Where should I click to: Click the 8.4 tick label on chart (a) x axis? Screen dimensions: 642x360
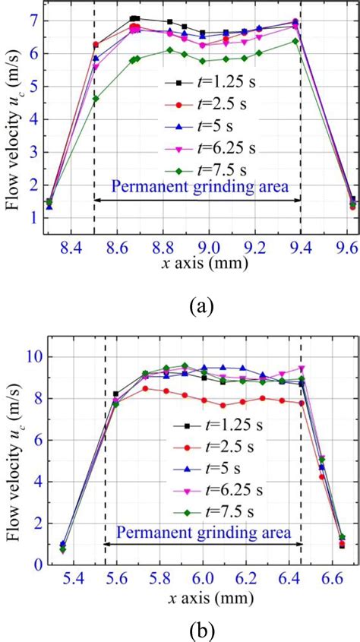[x=71, y=226]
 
